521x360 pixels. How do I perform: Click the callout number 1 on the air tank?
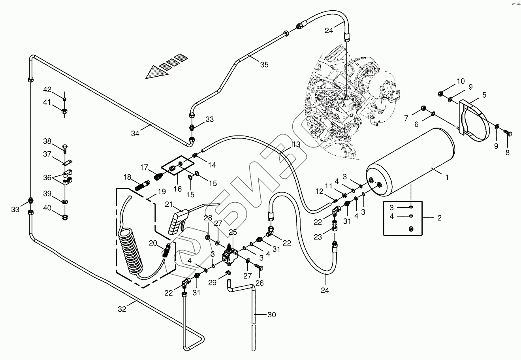click(447, 178)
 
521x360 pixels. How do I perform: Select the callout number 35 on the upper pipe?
click(264, 64)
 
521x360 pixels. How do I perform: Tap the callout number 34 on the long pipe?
click(135, 134)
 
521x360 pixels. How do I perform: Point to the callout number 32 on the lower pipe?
click(122, 309)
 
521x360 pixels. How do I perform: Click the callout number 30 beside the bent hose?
click(271, 315)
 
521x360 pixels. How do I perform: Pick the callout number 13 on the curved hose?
click(296, 145)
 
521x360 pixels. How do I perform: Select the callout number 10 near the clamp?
click(461, 81)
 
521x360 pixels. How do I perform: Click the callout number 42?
click(47, 89)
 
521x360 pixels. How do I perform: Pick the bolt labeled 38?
click(64, 149)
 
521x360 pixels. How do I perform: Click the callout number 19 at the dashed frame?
click(161, 192)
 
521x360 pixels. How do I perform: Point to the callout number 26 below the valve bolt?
click(259, 283)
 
